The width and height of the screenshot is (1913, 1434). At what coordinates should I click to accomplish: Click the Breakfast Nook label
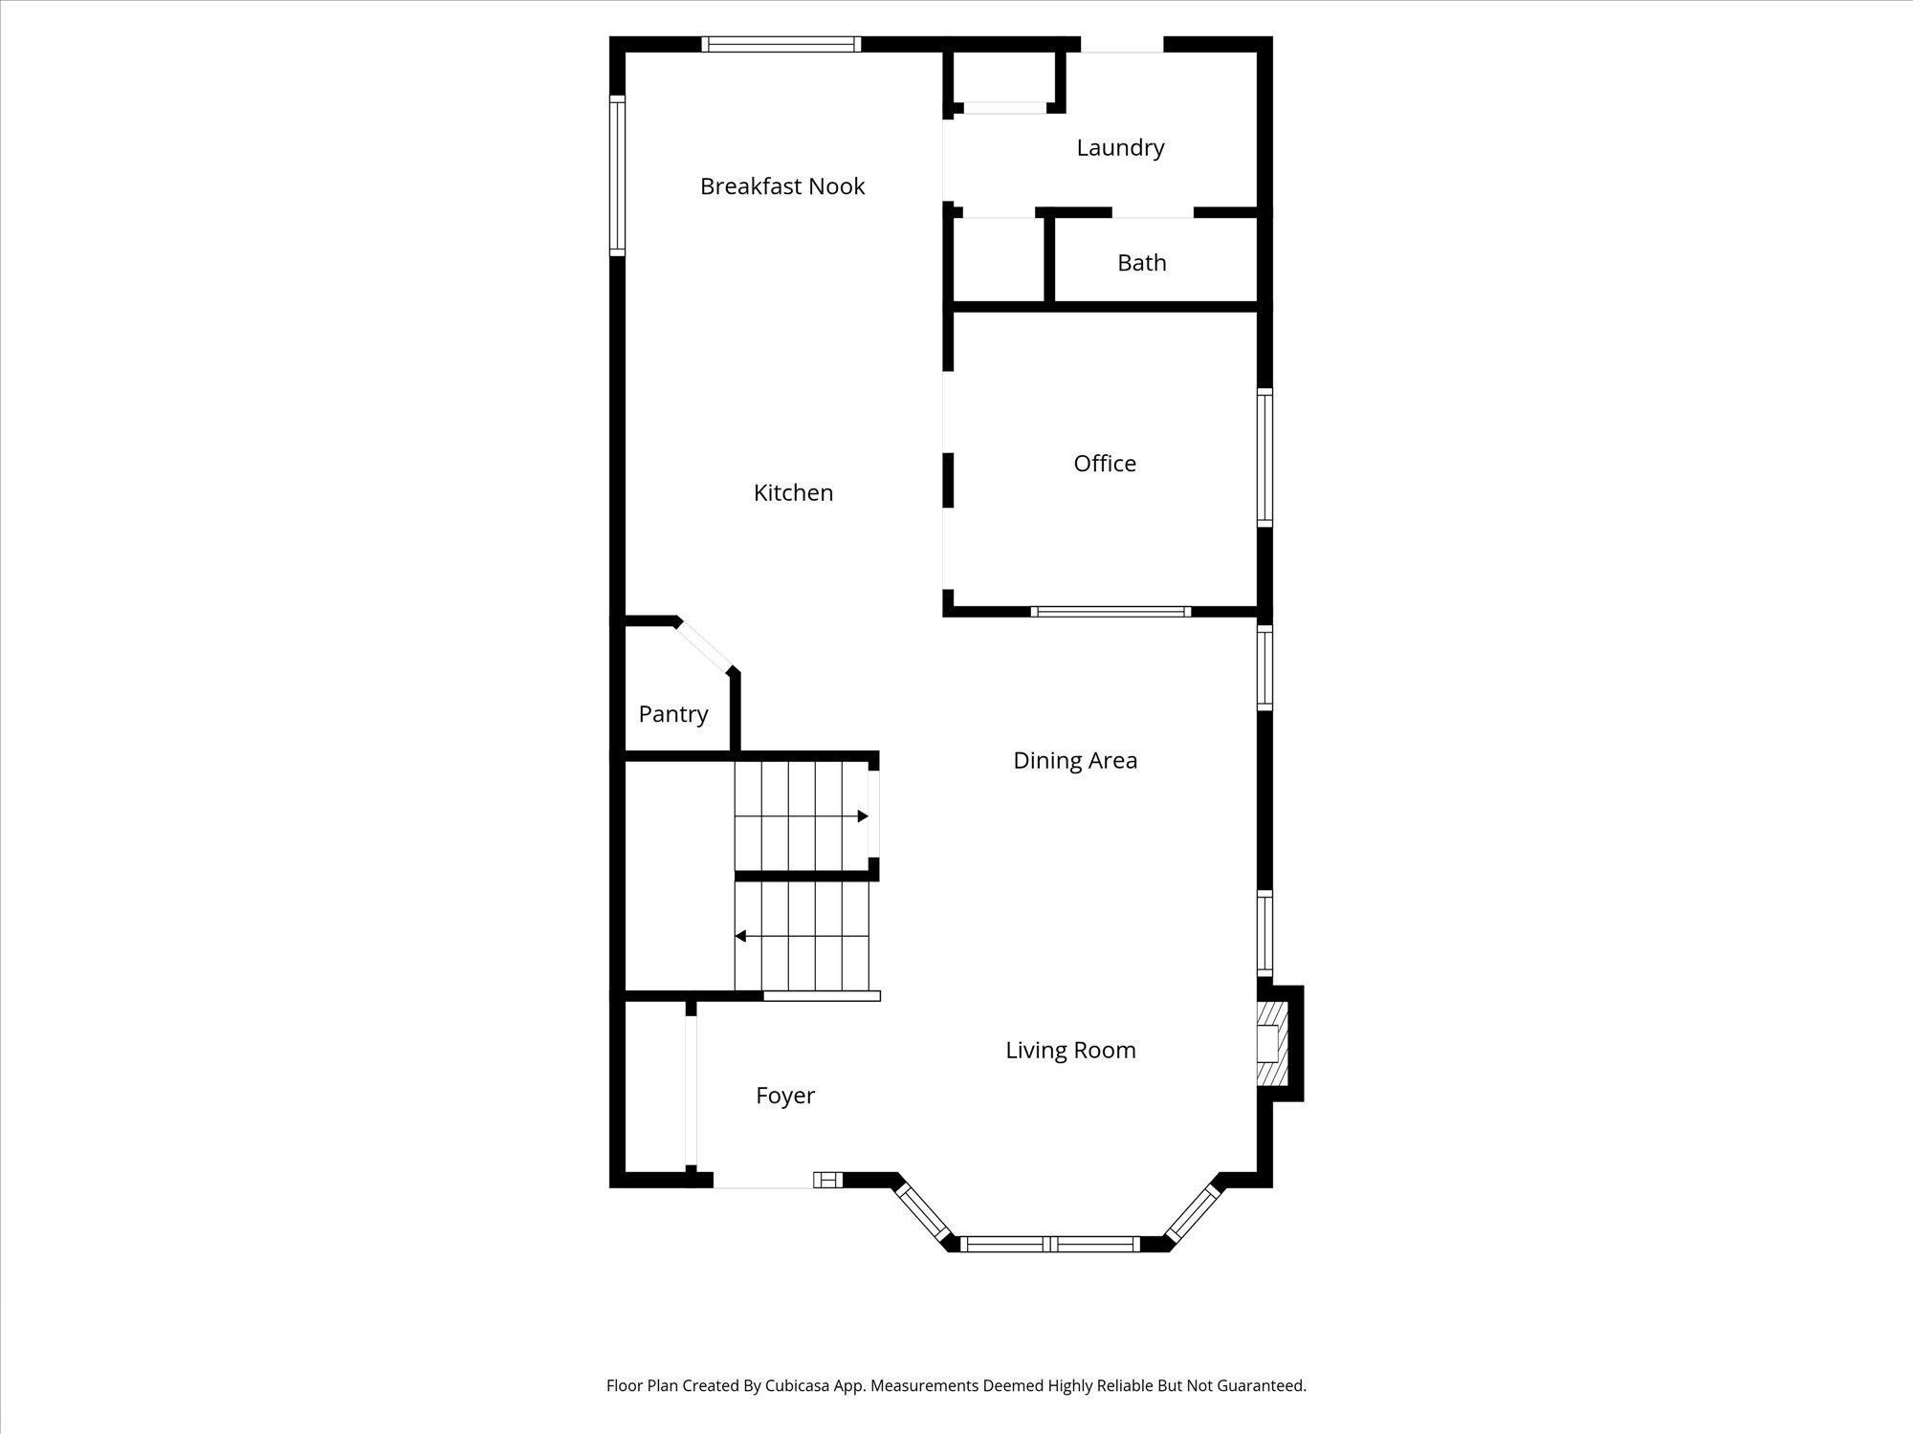[781, 186]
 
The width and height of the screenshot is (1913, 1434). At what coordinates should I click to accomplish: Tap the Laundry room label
[1120, 148]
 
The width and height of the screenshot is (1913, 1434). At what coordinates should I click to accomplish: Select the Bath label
[1141, 263]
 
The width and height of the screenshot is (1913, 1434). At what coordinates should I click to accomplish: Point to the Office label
[1105, 464]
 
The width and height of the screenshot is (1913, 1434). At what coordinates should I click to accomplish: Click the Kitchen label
[793, 493]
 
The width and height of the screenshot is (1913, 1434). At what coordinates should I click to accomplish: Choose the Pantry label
[672, 714]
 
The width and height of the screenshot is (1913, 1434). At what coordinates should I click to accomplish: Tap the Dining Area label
[1075, 761]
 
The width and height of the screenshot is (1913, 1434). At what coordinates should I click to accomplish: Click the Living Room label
[1070, 1051]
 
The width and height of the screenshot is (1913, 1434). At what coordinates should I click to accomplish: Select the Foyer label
[784, 1096]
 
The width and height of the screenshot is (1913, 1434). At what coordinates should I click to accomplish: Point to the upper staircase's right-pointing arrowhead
[863, 816]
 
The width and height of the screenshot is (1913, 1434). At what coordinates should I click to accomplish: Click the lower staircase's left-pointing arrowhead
[740, 936]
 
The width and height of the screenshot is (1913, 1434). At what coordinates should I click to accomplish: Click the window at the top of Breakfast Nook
[781, 44]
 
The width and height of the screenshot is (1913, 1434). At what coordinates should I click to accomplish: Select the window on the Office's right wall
[1264, 458]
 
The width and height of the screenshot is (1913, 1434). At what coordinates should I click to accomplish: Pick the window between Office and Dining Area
[1110, 612]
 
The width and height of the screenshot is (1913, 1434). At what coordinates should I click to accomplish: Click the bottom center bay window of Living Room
[1050, 1244]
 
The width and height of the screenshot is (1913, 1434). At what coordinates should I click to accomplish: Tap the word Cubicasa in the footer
[797, 1386]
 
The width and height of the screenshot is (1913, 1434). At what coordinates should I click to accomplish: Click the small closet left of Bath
[998, 260]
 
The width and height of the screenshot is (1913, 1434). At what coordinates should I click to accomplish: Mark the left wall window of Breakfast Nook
[617, 175]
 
